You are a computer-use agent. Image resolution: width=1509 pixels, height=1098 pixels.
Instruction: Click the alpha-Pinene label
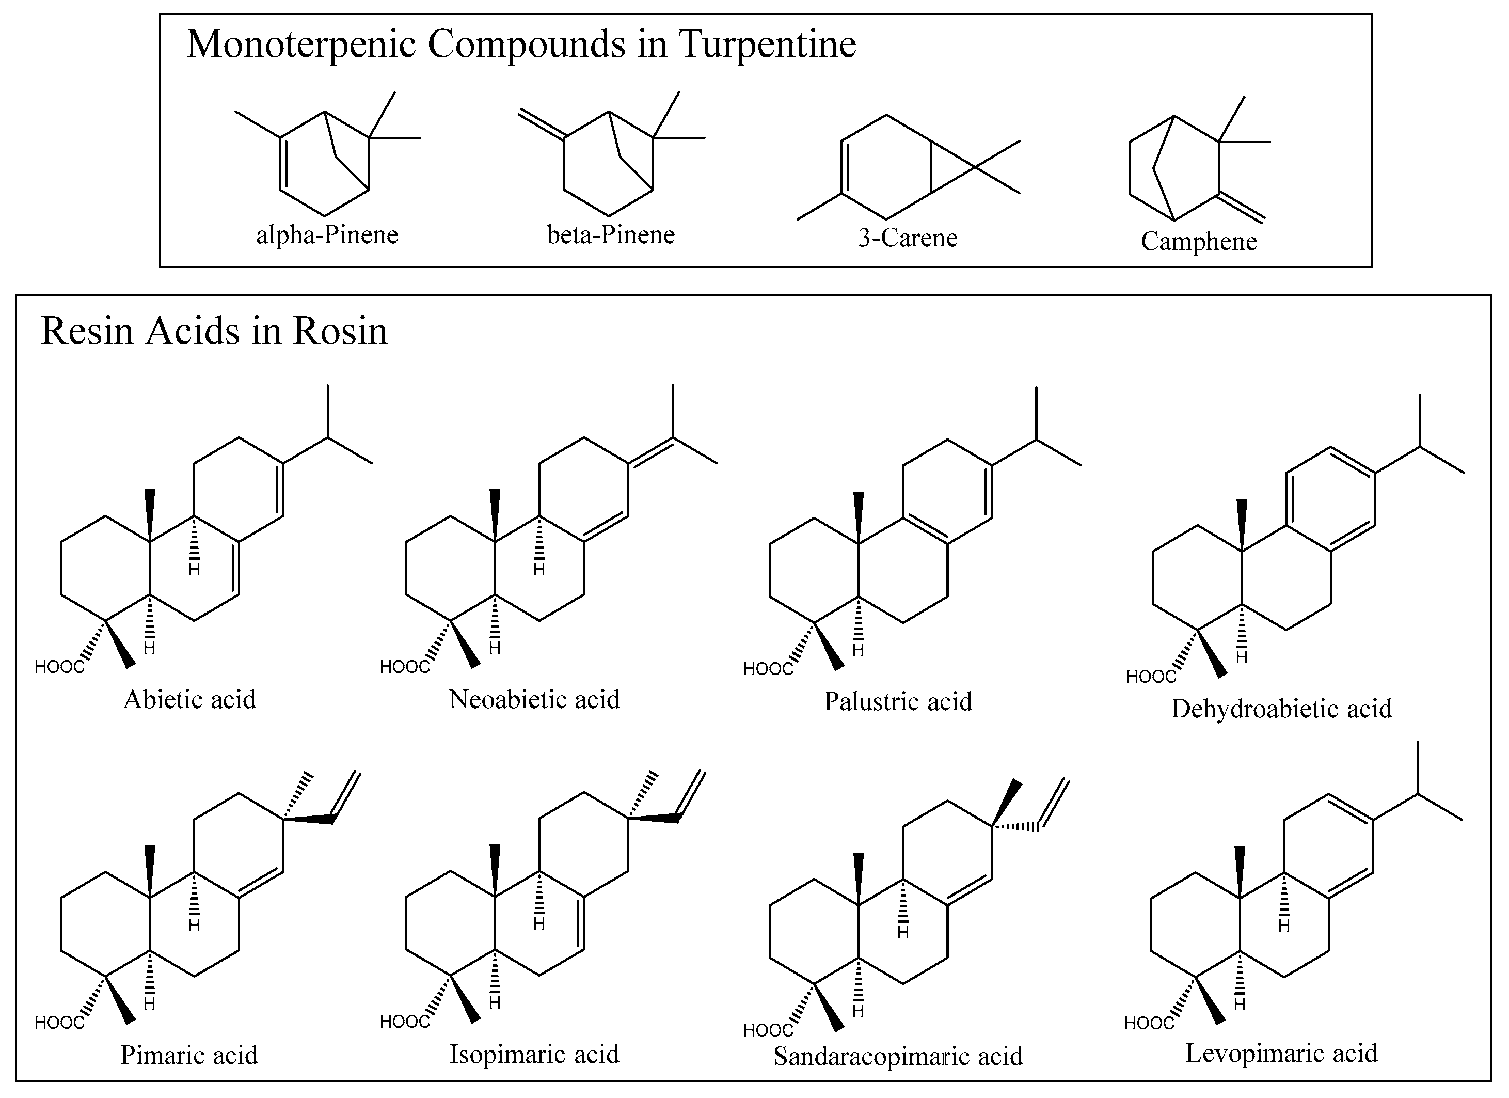(x=327, y=235)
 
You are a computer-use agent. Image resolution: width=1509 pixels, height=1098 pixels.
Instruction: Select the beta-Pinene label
(x=611, y=235)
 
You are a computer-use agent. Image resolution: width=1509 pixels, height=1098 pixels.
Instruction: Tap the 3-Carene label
(x=908, y=238)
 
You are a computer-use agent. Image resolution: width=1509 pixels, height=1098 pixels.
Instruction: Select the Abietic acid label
(x=189, y=699)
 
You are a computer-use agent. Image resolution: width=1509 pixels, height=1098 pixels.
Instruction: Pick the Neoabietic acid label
(x=534, y=699)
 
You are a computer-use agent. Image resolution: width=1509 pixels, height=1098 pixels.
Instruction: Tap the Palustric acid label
(x=898, y=701)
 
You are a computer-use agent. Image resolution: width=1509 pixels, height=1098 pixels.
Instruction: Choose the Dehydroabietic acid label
(x=1281, y=709)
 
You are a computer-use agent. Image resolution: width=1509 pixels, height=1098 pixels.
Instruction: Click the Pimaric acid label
(x=189, y=1055)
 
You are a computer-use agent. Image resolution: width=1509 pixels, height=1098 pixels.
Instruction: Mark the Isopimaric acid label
(x=534, y=1054)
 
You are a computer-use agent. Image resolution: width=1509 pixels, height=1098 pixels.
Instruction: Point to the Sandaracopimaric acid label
(x=898, y=1057)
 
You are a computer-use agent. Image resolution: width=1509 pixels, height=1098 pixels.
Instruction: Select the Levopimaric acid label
(x=1281, y=1054)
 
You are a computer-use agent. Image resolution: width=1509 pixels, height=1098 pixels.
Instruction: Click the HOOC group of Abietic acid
(x=60, y=667)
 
